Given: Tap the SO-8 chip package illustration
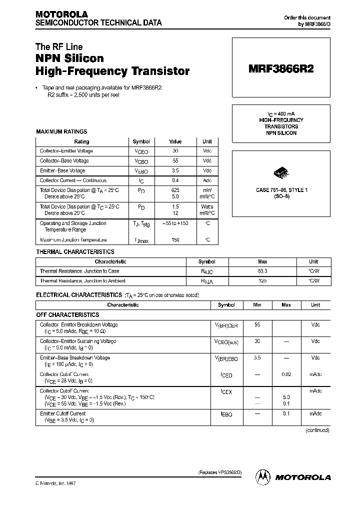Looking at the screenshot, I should [281, 173].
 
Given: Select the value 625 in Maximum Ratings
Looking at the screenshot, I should [175, 190].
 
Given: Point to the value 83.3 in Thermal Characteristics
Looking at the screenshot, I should [262, 271].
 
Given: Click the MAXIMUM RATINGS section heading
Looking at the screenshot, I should [61, 131].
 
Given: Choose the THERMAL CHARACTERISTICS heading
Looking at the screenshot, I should [75, 251].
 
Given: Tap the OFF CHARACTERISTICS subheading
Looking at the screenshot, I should [67, 315].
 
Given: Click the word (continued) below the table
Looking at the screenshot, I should [316, 430].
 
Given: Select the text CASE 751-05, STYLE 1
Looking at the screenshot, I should [281, 190].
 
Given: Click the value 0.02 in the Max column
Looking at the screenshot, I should [286, 374].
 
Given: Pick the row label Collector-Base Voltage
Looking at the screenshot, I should [64, 160].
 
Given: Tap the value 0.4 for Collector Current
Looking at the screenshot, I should [175, 180].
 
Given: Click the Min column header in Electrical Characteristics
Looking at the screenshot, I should [257, 304].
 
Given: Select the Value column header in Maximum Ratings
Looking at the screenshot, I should [175, 141].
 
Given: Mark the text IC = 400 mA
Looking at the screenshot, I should [281, 113].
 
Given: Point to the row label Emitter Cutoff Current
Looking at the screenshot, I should [62, 413].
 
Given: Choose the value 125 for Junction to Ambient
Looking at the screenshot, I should [262, 281].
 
